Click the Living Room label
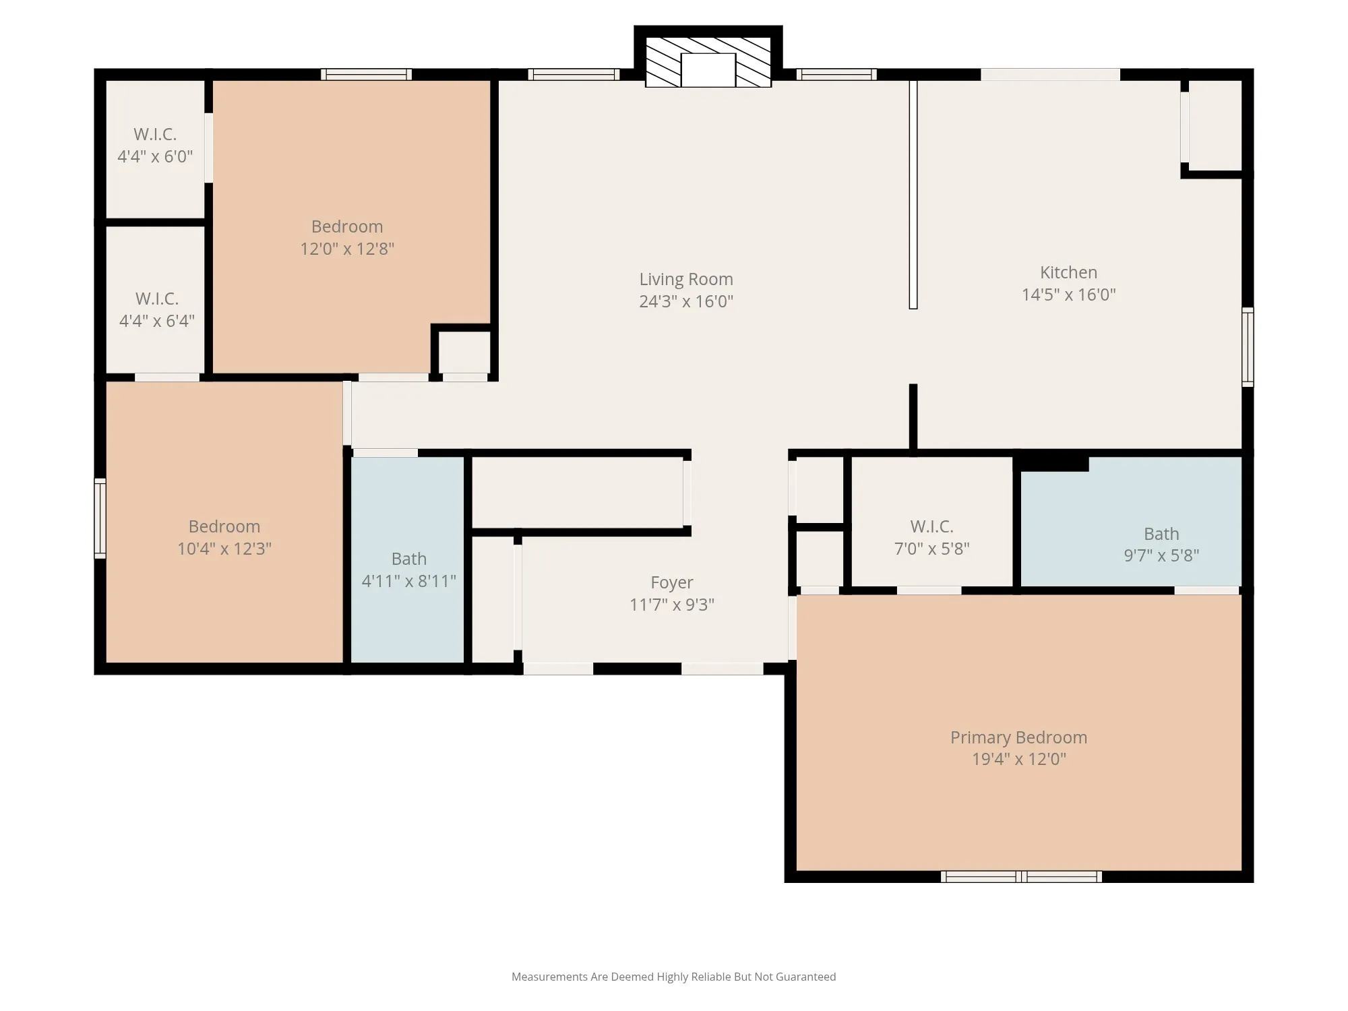point(686,279)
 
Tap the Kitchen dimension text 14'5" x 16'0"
point(1068,295)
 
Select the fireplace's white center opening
point(708,70)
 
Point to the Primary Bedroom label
point(1018,737)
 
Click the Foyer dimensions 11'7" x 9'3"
point(672,605)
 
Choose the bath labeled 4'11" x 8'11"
point(408,559)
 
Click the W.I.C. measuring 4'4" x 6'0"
point(155,149)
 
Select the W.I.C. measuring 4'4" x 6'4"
point(156,300)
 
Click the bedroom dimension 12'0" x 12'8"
point(347,249)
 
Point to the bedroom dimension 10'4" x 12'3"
point(224,549)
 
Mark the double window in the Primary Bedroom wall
point(1021,876)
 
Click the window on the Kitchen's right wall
point(1248,347)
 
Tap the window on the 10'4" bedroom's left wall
point(100,518)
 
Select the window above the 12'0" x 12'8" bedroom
point(366,74)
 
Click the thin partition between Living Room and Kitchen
point(913,195)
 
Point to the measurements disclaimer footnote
point(673,977)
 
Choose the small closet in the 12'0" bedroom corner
point(464,353)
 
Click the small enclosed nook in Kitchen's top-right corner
point(1215,125)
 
